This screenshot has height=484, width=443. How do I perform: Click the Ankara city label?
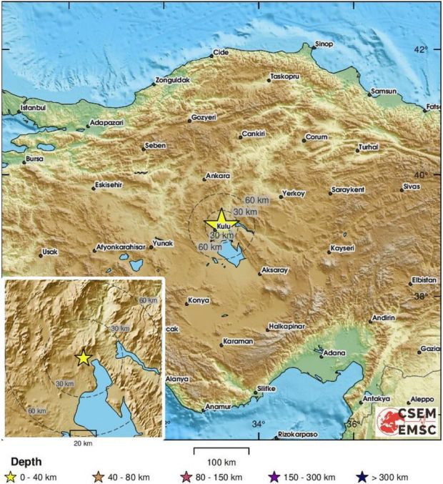click(x=217, y=176)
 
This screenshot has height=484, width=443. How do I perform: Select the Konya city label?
click(x=198, y=301)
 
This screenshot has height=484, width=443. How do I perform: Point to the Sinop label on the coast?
click(x=324, y=44)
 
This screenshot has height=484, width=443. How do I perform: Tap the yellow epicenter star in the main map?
click(x=221, y=219)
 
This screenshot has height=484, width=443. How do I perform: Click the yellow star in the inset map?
click(x=84, y=357)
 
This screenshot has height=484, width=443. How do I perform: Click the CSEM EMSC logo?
click(x=404, y=421)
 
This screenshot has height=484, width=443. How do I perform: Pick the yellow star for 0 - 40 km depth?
click(x=10, y=477)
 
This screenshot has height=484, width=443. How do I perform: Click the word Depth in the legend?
click(x=26, y=462)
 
